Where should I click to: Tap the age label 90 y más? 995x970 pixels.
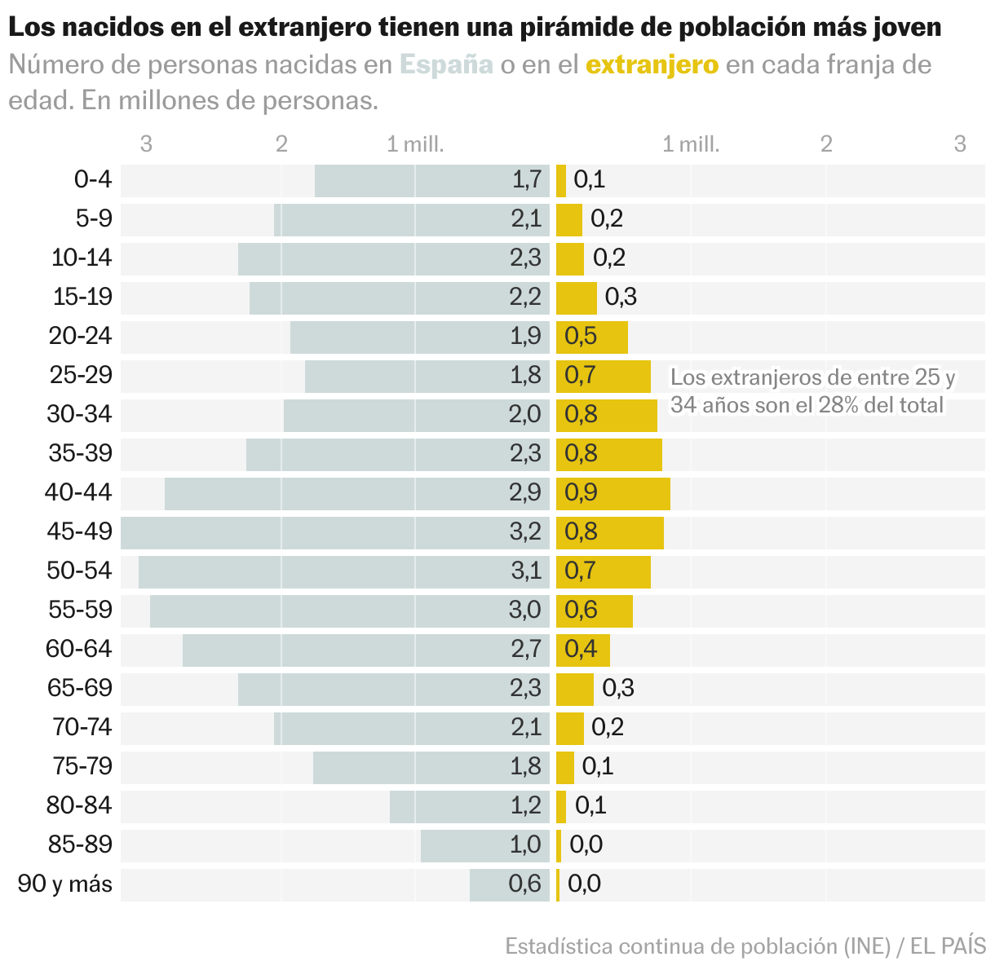click(x=65, y=884)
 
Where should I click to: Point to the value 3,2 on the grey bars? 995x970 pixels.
click(x=525, y=531)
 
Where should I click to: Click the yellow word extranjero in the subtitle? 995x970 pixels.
click(x=652, y=64)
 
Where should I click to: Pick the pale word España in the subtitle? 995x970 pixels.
click(x=446, y=64)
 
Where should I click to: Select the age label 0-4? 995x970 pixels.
click(x=93, y=179)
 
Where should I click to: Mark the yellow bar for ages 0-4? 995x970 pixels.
click(x=561, y=180)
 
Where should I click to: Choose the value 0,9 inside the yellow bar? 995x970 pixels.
click(x=582, y=492)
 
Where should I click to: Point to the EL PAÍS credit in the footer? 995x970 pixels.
click(x=948, y=946)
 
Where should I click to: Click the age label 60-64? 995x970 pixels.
click(x=79, y=649)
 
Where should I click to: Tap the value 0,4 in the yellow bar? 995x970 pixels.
click(x=582, y=649)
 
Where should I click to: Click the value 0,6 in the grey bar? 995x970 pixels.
click(x=525, y=884)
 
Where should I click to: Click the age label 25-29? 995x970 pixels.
click(x=81, y=375)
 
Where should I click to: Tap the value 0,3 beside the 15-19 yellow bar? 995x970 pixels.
click(x=621, y=297)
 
